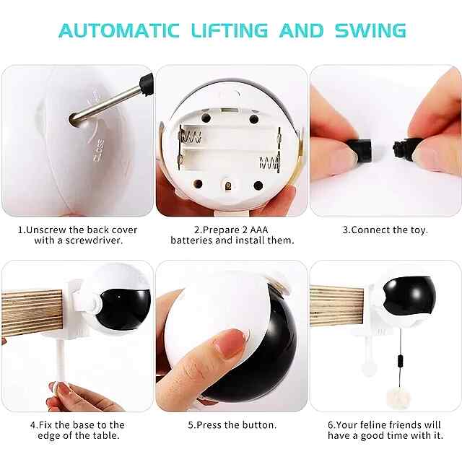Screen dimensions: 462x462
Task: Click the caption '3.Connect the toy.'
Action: click(x=385, y=230)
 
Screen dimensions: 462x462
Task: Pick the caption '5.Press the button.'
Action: click(x=232, y=425)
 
